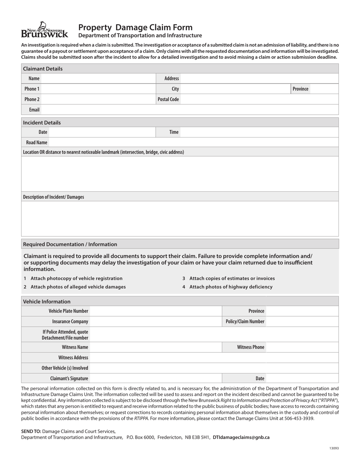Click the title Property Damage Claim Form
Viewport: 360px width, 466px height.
(135, 27)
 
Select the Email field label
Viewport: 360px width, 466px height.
(34, 109)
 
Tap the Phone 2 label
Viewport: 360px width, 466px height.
(32, 99)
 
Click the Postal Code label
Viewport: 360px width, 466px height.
(168, 99)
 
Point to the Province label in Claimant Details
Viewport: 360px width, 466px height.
(300, 89)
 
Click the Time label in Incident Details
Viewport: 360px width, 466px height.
(174, 132)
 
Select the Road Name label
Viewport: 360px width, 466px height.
(36, 142)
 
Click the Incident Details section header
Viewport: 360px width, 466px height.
(42, 123)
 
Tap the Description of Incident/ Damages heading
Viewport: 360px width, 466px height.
(53, 197)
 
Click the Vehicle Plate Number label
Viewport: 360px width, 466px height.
(68, 311)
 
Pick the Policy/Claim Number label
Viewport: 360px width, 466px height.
(245, 321)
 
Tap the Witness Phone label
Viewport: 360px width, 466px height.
(250, 347)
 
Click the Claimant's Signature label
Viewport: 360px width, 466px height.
(69, 378)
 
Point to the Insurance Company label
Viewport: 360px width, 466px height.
(70, 321)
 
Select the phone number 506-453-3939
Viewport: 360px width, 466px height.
(301, 419)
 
